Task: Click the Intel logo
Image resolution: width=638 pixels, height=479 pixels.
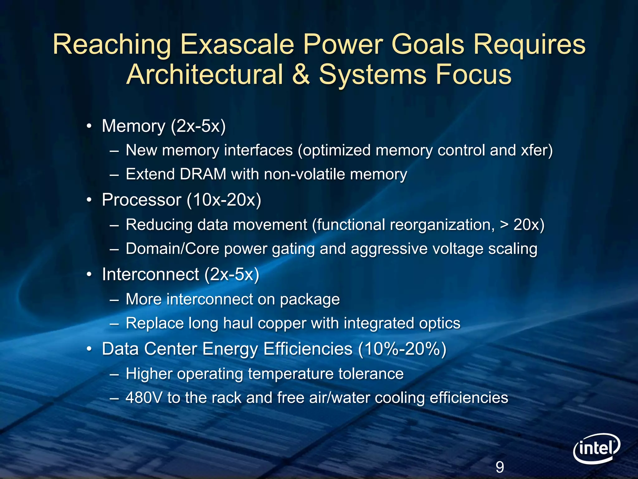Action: (596, 448)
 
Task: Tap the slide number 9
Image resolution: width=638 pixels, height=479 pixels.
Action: (500, 467)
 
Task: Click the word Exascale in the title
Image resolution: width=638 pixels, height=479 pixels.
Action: (237, 44)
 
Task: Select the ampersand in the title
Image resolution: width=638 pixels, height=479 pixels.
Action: (301, 74)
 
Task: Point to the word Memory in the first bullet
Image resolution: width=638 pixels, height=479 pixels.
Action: (134, 126)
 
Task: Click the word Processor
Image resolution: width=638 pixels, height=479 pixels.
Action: (141, 200)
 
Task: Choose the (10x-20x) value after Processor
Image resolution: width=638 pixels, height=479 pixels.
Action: (224, 200)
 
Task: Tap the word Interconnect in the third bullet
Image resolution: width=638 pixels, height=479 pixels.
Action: (150, 274)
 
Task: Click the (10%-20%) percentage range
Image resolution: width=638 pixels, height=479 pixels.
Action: (402, 349)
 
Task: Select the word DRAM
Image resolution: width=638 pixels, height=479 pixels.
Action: (203, 174)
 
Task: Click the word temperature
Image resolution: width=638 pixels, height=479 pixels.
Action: (292, 374)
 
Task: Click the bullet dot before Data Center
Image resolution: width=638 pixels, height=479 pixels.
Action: (89, 349)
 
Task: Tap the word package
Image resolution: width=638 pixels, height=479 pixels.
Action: (310, 299)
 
